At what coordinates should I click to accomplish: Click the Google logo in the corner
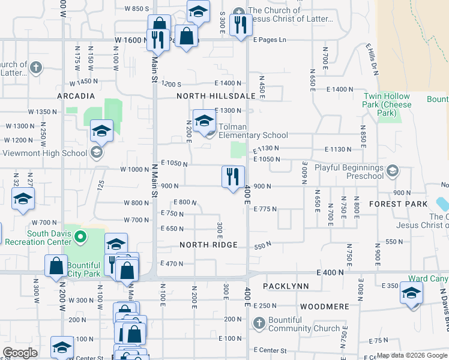tap(20, 353)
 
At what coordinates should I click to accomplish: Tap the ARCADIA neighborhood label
tap(76, 96)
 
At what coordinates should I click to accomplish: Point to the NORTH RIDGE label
tap(209, 245)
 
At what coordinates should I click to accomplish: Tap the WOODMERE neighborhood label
tap(325, 307)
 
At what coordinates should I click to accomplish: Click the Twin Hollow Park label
tap(388, 100)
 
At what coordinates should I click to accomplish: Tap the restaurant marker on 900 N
tap(233, 177)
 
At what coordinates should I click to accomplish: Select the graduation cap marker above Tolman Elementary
tap(204, 121)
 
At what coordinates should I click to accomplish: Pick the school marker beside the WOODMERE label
tap(411, 293)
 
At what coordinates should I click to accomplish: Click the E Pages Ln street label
tap(270, 40)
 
